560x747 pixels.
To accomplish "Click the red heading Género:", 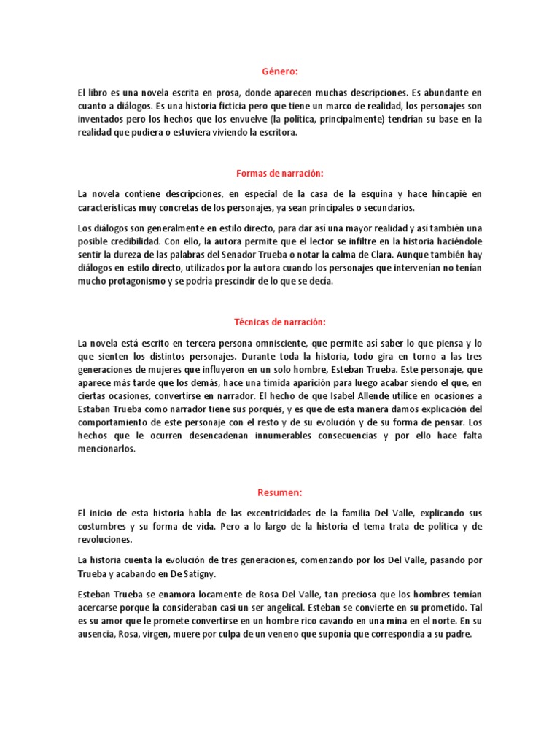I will pyautogui.click(x=280, y=71).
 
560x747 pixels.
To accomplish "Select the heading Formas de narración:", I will pyautogui.click(x=280, y=173).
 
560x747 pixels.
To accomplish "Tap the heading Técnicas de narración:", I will pyautogui.click(x=280, y=321).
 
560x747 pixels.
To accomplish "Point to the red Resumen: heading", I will pyautogui.click(x=280, y=492).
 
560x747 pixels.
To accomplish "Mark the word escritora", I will pyautogui.click(x=272, y=133).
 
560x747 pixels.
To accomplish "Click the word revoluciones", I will pyautogui.click(x=106, y=541).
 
